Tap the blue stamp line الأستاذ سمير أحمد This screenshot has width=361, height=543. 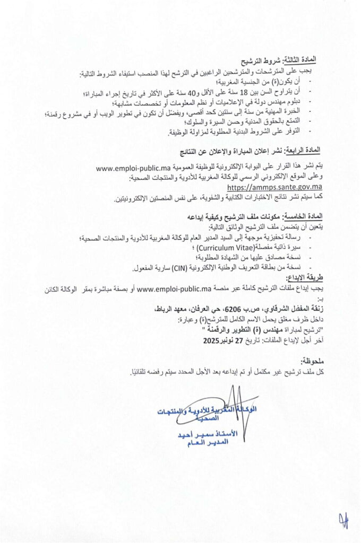tap(204, 434)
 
